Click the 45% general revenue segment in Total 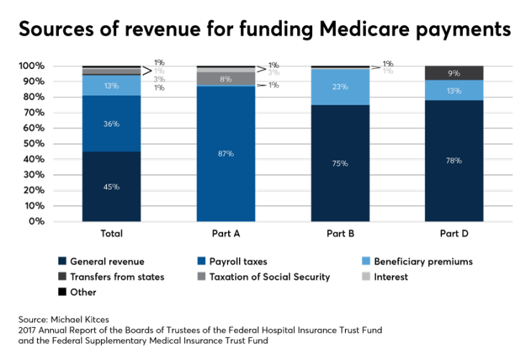(111, 186)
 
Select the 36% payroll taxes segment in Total (111, 123)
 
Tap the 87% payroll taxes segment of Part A (225, 153)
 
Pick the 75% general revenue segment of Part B (339, 163)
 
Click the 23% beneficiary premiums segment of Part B (339, 87)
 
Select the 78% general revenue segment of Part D (454, 161)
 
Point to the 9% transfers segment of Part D (454, 72)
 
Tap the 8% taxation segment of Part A (225, 78)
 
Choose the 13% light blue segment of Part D (454, 90)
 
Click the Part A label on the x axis (225, 234)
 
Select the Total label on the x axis (111, 234)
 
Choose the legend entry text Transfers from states (117, 277)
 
